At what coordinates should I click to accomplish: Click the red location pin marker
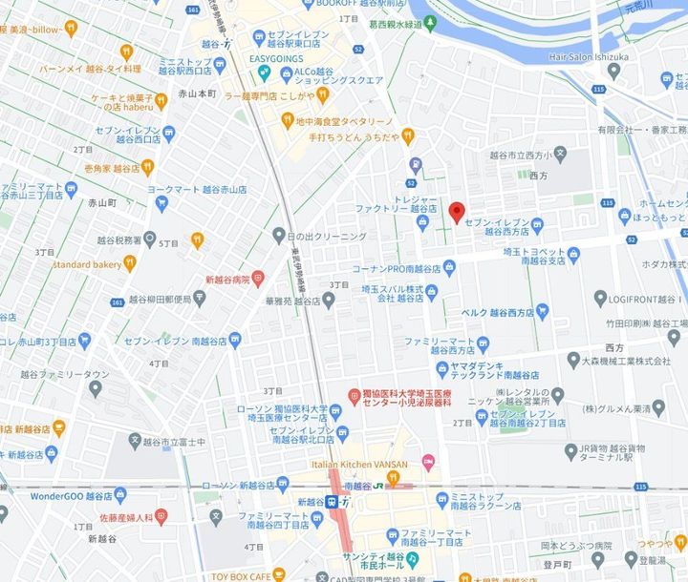pos(456,212)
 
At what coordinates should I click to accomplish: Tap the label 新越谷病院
pos(227,280)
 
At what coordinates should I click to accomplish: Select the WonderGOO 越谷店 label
pos(64,495)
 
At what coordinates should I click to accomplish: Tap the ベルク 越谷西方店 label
pos(498,311)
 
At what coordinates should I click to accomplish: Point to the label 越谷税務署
pos(119,240)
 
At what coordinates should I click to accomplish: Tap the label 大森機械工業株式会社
pos(625,361)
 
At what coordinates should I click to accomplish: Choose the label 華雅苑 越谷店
pos(293,301)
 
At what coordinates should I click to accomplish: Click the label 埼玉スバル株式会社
pos(391,292)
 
